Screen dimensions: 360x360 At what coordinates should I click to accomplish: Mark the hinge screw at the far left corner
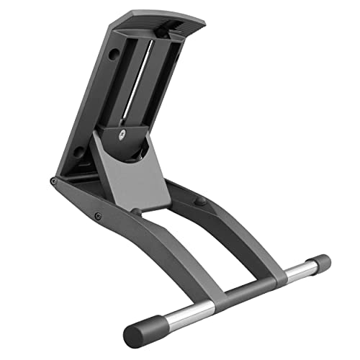pyautogui.click(x=53, y=181)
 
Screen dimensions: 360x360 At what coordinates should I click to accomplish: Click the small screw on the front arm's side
pyautogui.click(x=98, y=216)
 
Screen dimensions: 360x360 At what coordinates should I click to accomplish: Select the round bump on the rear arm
pyautogui.click(x=202, y=201)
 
